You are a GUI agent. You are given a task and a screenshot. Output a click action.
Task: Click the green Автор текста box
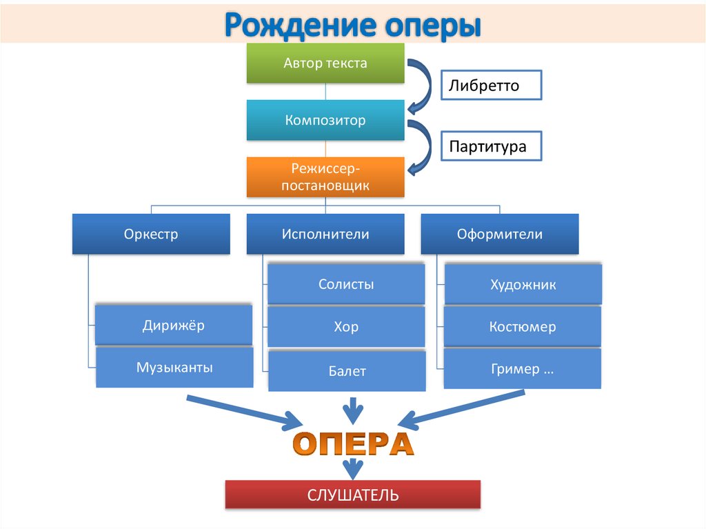325,63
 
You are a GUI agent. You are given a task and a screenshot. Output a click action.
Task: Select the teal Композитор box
325,121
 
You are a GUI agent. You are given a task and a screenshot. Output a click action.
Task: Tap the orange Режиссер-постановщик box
325,177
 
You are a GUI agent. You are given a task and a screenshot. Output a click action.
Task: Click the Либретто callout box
492,86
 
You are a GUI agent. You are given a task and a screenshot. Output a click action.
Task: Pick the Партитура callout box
492,147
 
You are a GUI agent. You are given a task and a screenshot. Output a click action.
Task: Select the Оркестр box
151,234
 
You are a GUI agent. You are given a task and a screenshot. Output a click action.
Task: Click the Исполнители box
325,234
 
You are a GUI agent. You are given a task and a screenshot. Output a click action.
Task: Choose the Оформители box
500,234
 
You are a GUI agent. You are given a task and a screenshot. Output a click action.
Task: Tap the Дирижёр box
174,326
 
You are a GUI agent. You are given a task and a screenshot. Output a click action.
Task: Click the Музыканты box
174,367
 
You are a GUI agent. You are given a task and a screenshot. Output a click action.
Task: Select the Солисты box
346,284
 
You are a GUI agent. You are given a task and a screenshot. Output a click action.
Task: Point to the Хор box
346,327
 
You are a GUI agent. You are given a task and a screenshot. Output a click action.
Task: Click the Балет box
346,371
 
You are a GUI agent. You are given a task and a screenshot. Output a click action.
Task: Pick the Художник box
523,284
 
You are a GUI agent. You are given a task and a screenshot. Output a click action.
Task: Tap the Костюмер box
523,327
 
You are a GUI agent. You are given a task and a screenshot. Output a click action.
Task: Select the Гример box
523,369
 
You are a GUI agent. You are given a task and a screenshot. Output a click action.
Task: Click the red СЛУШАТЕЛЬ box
353,495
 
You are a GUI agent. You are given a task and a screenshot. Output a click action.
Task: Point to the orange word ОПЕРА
353,443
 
